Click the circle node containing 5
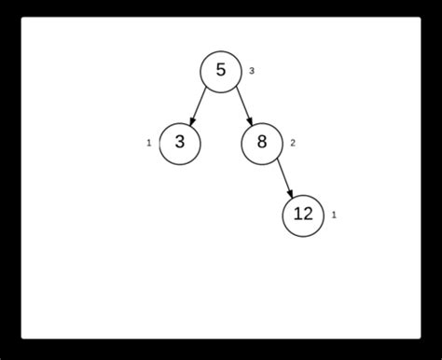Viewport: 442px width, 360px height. pyautogui.click(x=221, y=71)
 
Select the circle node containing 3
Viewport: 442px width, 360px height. pyautogui.click(x=180, y=143)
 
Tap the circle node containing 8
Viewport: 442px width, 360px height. pyautogui.click(x=262, y=143)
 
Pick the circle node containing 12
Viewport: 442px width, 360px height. pyautogui.click(x=303, y=215)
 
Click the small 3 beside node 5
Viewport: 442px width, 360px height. pyautogui.click(x=252, y=72)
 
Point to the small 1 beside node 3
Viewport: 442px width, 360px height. pyautogui.click(x=149, y=143)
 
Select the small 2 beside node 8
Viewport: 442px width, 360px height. pyautogui.click(x=293, y=143)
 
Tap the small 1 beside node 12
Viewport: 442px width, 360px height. pyautogui.click(x=334, y=215)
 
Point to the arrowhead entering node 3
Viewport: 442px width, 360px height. pyautogui.click(x=192, y=121)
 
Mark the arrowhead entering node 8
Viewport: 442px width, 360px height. pyautogui.click(x=250, y=121)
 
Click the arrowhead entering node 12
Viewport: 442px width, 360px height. pyautogui.click(x=291, y=193)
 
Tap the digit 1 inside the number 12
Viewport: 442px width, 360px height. pyautogui.click(x=296, y=215)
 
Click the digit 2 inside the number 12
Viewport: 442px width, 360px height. pyautogui.click(x=309, y=215)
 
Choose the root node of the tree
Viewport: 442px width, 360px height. pyautogui.click(x=221, y=71)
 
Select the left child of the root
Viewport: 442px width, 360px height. pyautogui.click(x=180, y=143)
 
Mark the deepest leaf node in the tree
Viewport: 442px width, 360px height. pyautogui.click(x=303, y=215)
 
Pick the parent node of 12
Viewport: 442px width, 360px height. pyautogui.click(x=262, y=143)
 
